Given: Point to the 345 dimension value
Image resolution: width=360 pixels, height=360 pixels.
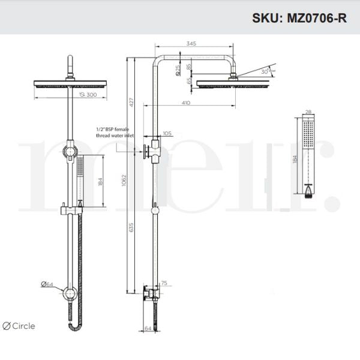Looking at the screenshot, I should pos(192,44).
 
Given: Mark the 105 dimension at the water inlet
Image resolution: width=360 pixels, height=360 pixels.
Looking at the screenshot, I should pos(166,133).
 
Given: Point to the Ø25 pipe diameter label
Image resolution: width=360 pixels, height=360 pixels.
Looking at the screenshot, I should pos(179,70).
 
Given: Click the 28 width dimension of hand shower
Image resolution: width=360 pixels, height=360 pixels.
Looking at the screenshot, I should pos(308,112).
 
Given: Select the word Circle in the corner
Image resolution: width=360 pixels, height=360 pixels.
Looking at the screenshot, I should pos(23,326).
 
